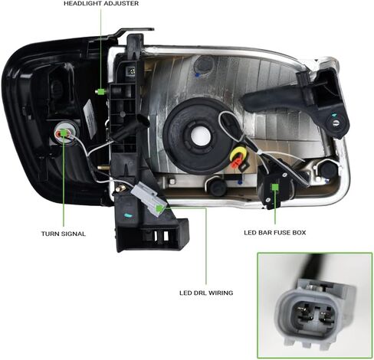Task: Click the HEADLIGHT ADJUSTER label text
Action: coord(101,4)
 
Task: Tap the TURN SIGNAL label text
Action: coord(64,234)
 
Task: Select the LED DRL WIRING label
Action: coord(206,293)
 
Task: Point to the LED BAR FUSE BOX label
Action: coord(275,233)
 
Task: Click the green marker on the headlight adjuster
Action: coord(101,91)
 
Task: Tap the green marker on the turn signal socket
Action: coord(63,133)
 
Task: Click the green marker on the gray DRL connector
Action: coord(160,208)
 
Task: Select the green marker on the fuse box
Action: coord(275,187)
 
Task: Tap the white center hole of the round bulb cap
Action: coord(202,136)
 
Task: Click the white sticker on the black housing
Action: coord(90,116)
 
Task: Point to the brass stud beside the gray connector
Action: coord(120,188)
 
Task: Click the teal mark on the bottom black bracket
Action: coord(128,215)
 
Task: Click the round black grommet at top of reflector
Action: coord(204,65)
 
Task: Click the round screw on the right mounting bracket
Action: coord(336,123)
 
